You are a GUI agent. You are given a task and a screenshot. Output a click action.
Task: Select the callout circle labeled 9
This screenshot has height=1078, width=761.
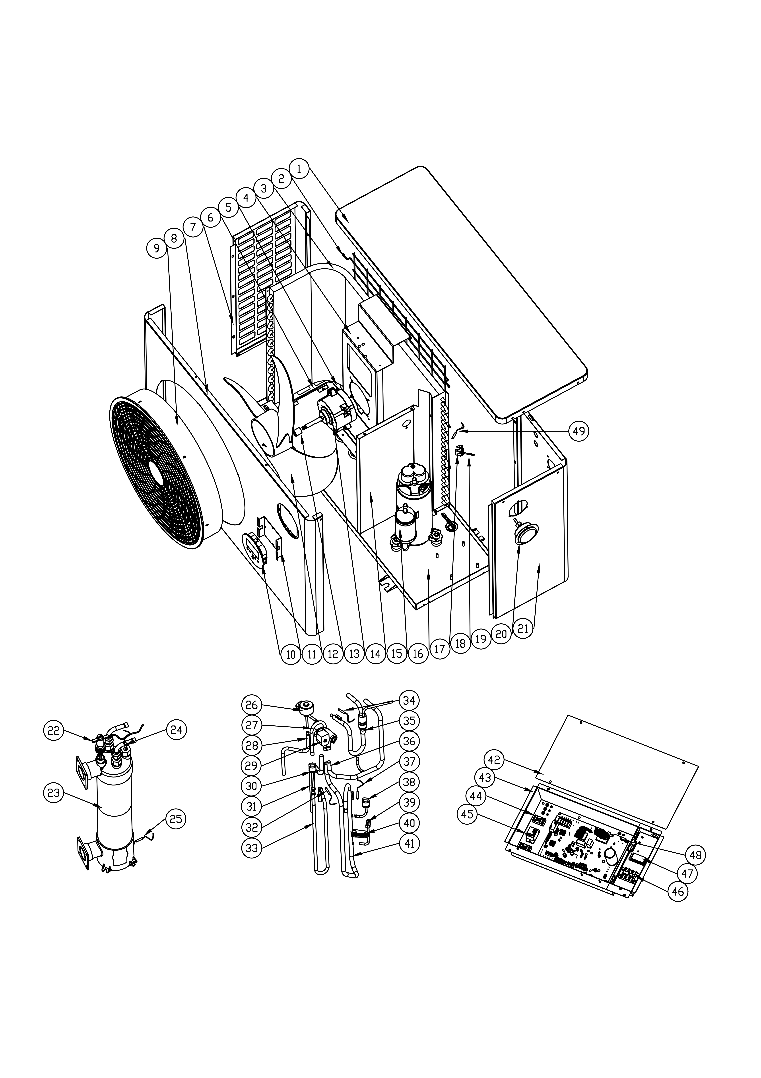click(157, 247)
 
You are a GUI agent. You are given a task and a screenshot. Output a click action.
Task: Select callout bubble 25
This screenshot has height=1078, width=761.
click(175, 819)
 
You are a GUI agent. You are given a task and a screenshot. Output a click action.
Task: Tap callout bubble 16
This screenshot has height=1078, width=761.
click(418, 654)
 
